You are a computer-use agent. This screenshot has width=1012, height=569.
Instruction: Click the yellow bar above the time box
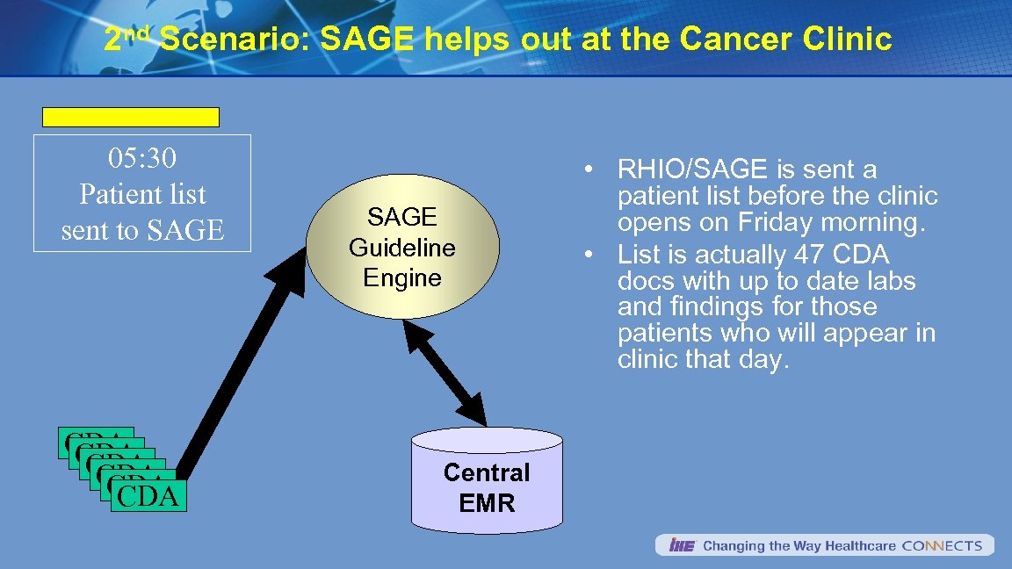pyautogui.click(x=131, y=117)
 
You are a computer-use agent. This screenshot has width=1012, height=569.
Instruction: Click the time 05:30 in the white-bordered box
pyautogui.click(x=142, y=158)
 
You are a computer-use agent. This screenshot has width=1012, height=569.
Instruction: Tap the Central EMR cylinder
pyautogui.click(x=487, y=483)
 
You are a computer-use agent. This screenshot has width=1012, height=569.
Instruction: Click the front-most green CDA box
pyautogui.click(x=147, y=496)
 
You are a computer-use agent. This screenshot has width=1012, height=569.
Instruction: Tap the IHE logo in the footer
pyautogui.click(x=682, y=545)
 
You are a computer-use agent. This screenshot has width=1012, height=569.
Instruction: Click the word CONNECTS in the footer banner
pyautogui.click(x=942, y=545)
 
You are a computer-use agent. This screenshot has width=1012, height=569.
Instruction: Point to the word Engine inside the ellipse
pyautogui.click(x=402, y=278)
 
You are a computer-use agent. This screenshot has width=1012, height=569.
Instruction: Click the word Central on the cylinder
pyautogui.click(x=487, y=472)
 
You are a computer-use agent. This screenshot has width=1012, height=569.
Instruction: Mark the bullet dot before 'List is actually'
pyautogui.click(x=595, y=256)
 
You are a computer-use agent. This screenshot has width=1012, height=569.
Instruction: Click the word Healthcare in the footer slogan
pyautogui.click(x=847, y=545)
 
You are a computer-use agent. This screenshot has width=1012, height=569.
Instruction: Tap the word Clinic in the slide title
pyautogui.click(x=849, y=40)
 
